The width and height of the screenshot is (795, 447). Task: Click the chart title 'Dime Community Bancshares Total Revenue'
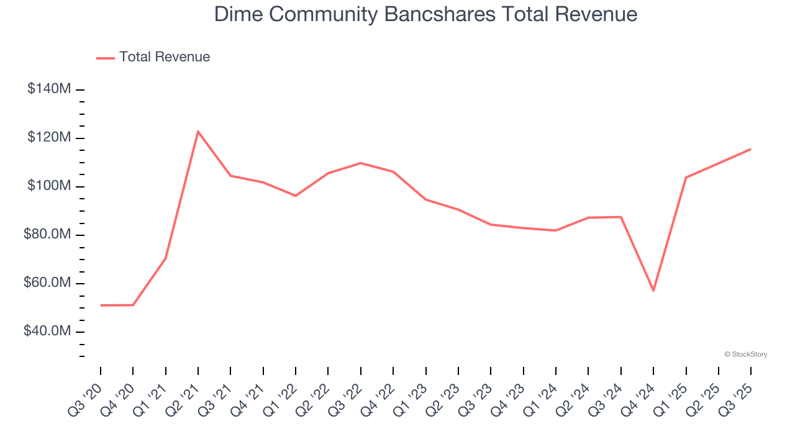425,14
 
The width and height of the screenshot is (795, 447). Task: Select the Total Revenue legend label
165,57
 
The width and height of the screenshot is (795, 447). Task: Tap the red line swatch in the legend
106,58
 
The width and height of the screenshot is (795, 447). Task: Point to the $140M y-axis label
49,89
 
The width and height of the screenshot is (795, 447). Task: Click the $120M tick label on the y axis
49,137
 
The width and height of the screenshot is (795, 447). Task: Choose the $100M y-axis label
49,186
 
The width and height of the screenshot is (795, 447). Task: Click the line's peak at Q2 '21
198,132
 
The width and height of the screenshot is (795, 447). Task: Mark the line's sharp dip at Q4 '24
653,291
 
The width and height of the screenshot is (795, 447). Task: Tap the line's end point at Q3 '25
751,149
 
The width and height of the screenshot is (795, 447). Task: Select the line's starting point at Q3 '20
101,305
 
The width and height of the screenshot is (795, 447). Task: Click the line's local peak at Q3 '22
361,163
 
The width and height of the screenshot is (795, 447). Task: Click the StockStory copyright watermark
745,354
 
